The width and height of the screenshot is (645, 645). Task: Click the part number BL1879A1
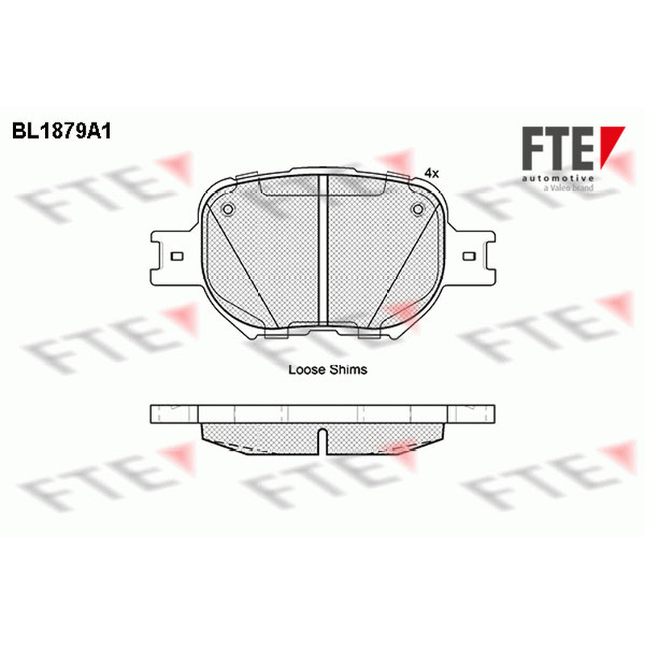click(62, 131)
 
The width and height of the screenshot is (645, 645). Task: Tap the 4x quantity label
click(431, 173)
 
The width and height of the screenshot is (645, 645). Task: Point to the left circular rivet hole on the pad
click(227, 210)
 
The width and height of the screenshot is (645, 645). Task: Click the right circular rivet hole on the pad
click(418, 210)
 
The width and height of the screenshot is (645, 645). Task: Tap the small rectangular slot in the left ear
click(177, 256)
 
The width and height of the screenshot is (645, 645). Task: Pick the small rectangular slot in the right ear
click(469, 256)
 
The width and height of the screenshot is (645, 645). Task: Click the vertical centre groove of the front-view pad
click(323, 250)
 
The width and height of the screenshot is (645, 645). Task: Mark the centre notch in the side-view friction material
click(323, 441)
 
